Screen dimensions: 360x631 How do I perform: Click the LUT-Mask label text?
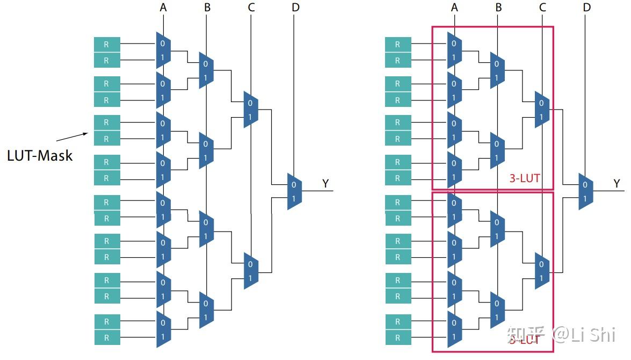coord(40,156)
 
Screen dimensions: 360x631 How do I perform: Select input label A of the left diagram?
coord(163,7)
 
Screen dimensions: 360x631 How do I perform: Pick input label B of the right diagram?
coord(498,7)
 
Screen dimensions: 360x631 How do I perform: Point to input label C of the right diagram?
coord(542,7)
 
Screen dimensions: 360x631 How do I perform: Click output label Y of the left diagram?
coord(325,184)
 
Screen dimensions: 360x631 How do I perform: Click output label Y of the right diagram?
coord(617,184)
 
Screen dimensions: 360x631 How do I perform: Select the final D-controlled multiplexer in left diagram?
coord(294,191)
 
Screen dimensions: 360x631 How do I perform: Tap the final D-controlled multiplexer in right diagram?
coord(585,191)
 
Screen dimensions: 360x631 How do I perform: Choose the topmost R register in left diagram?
coord(107,44)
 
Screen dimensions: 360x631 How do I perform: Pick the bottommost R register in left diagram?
coord(107,338)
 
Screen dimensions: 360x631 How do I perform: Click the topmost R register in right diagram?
coord(398,44)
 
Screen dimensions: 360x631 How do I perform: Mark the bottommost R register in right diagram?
coord(398,338)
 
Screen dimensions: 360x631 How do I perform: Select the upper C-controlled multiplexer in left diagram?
coord(251,109)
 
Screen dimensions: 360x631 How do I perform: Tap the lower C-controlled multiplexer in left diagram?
coord(251,270)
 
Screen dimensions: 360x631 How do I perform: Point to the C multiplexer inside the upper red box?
coord(542,109)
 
